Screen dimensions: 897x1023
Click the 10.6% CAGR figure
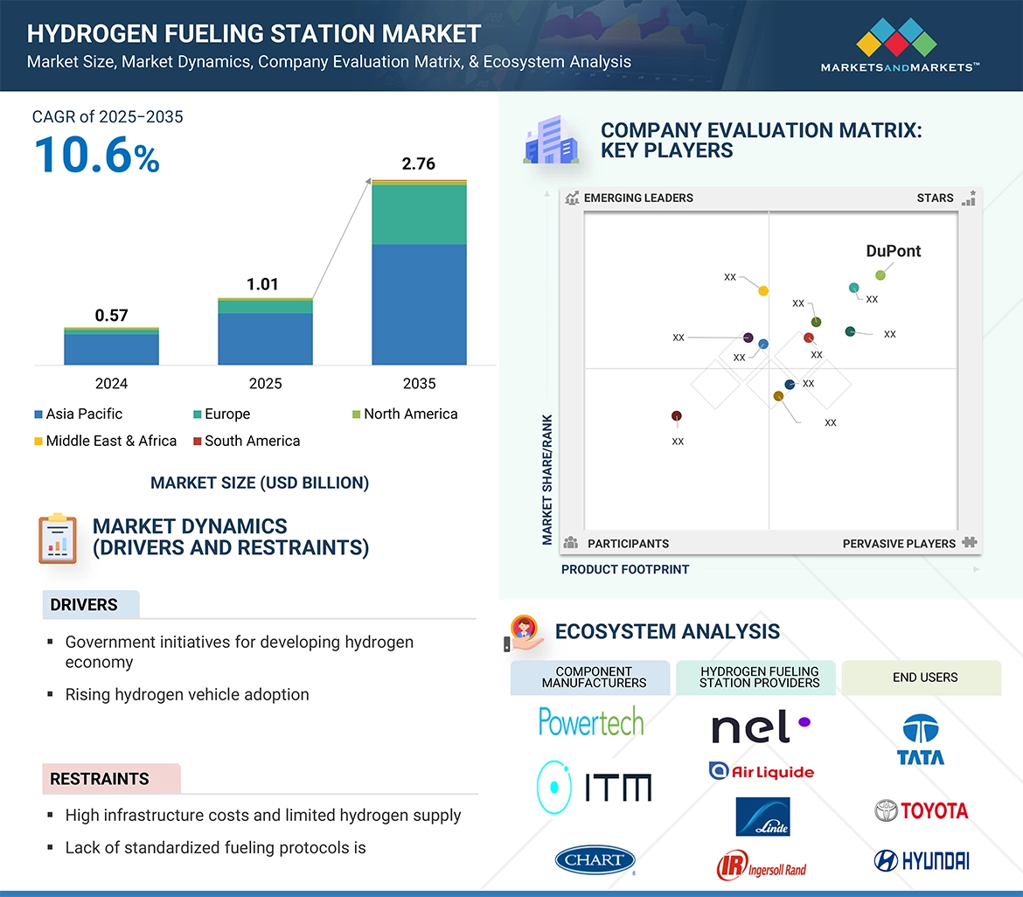tap(96, 156)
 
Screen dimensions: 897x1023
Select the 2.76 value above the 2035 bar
tap(418, 163)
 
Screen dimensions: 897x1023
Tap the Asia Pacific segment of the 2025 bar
tap(265, 338)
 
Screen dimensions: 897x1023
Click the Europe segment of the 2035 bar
tap(419, 214)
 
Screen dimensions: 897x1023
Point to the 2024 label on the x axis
tap(111, 384)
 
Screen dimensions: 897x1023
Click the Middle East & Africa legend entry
tap(105, 441)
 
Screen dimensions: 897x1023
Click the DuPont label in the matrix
tap(893, 251)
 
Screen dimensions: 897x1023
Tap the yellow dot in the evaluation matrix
tap(763, 290)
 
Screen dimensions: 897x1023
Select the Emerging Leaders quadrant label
tap(637, 198)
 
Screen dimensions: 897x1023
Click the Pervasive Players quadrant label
tap(899, 543)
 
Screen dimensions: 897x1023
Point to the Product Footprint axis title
tap(624, 569)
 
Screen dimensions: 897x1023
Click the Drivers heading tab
tap(85, 605)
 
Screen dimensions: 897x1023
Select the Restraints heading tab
tap(100, 778)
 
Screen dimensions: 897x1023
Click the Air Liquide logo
tap(761, 771)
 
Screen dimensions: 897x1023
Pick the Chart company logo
tap(595, 859)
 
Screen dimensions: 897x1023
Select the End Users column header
tap(925, 678)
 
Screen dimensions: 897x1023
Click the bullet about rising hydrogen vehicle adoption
tap(187, 694)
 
